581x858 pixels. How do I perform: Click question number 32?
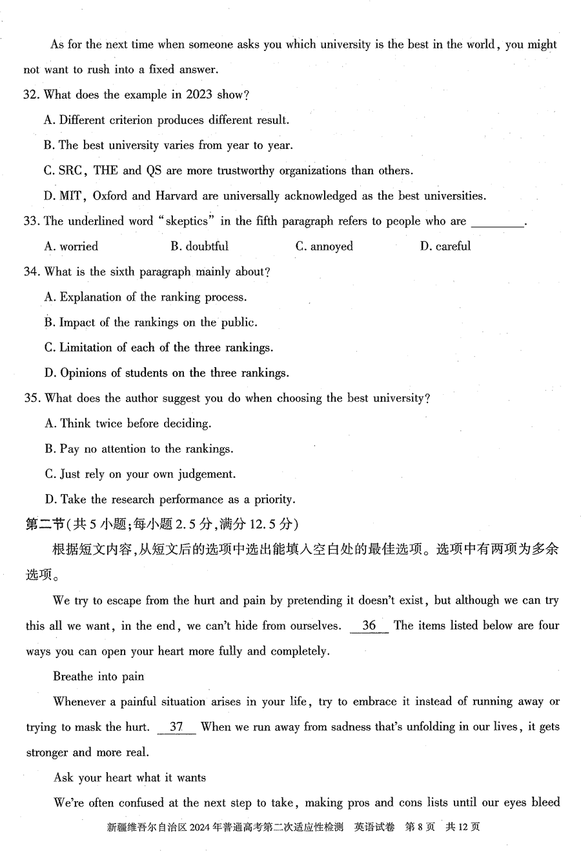coord(31,95)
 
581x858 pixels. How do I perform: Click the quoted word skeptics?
coord(187,221)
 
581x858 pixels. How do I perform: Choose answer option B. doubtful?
coord(199,246)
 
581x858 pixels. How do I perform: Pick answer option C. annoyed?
coord(324,246)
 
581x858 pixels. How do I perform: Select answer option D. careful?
coord(445,246)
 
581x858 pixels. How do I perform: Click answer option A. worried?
coord(71,246)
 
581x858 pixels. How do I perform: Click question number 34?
coord(31,272)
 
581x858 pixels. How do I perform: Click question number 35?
coord(31,398)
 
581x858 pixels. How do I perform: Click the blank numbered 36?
coord(369,625)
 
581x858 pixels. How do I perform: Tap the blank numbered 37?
coord(176,726)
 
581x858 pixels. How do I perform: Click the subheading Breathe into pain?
coord(99,676)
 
